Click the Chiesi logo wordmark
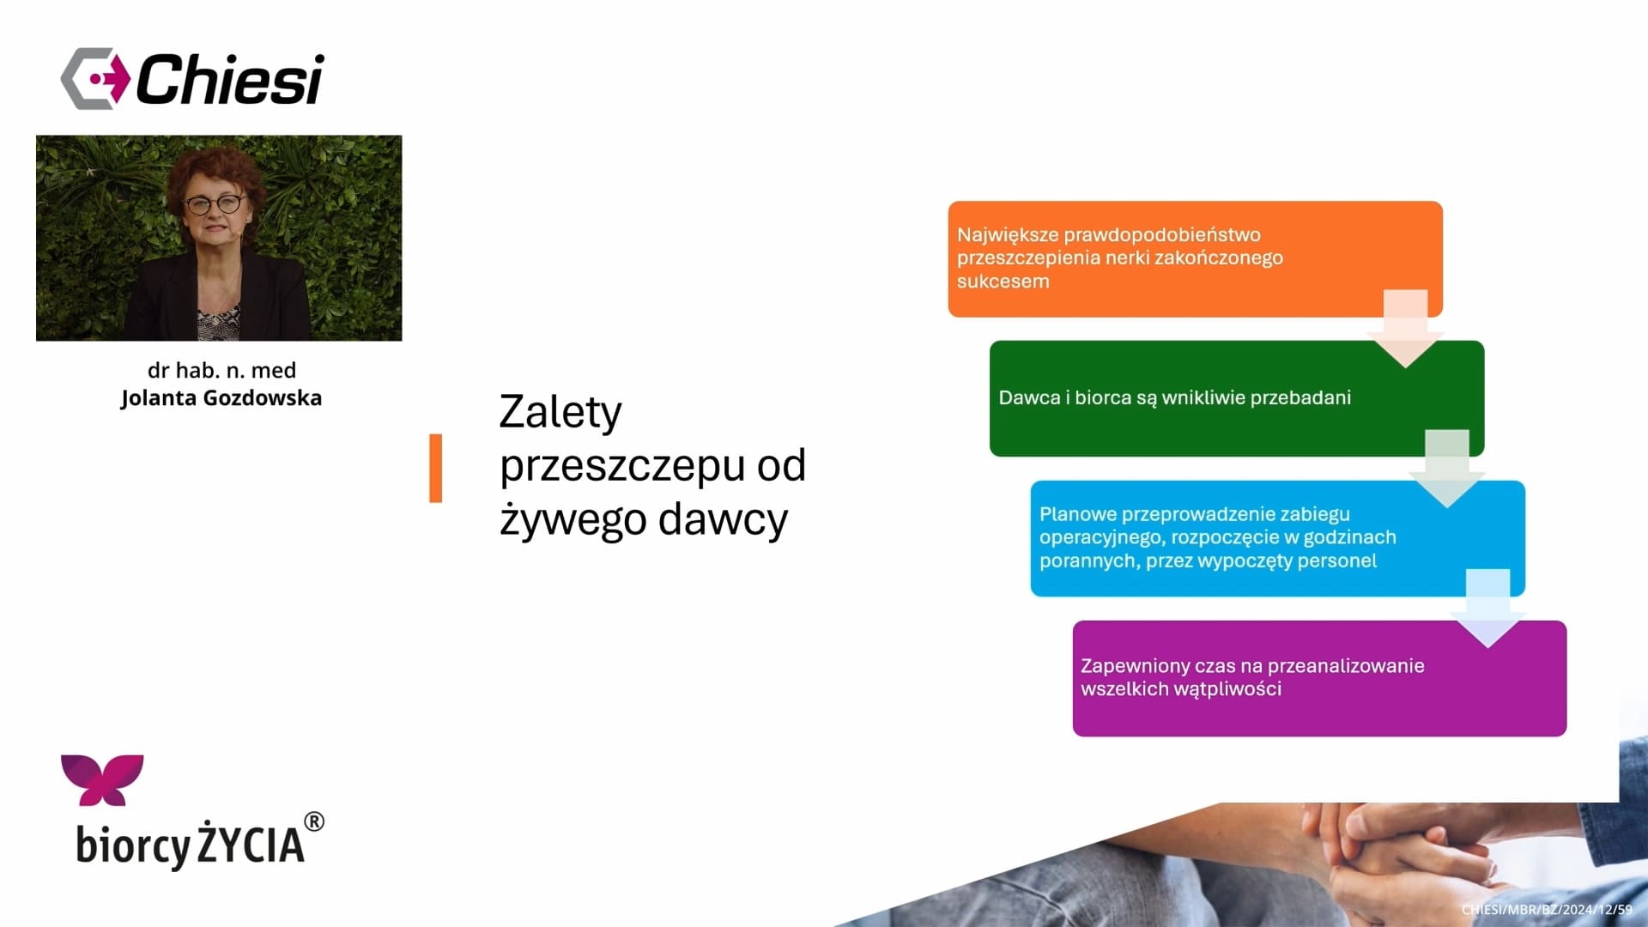[x=229, y=79]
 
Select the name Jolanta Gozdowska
[x=221, y=398]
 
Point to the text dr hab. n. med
[x=221, y=370]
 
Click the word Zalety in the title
[x=560, y=413]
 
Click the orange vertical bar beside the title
[x=436, y=468]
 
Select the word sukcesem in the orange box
[x=1003, y=282]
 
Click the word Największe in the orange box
[x=1009, y=235]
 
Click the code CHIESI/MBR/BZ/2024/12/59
[x=1547, y=910]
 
